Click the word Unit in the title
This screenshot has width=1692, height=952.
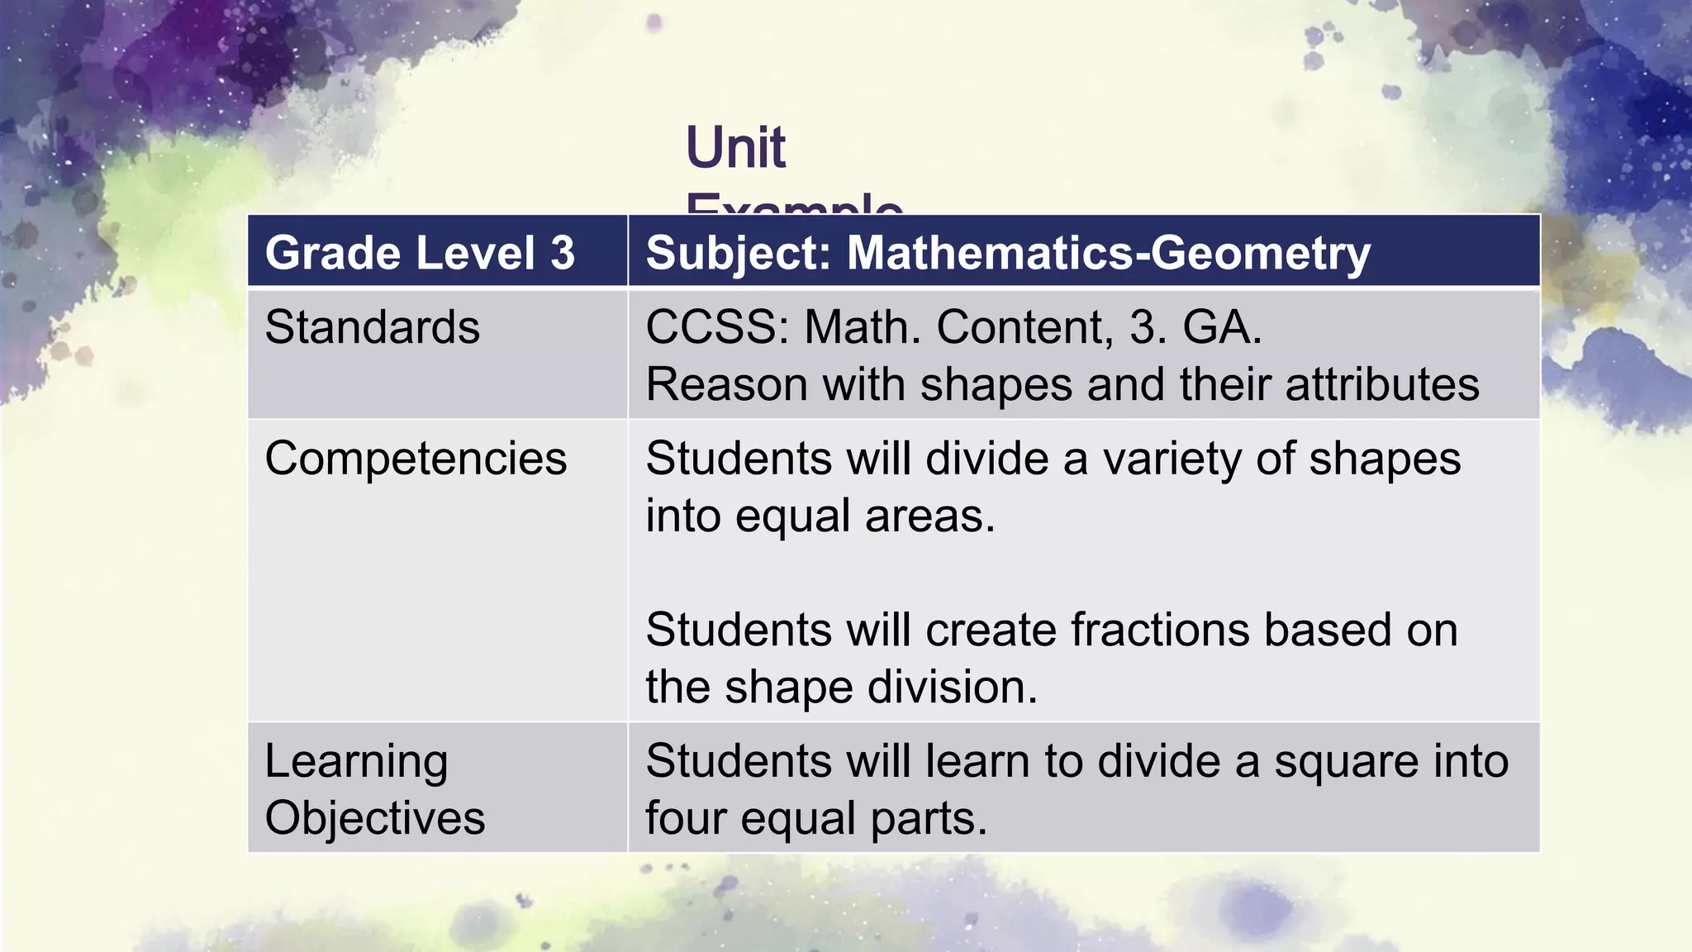pyautogui.click(x=735, y=148)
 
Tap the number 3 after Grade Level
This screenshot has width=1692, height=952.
pyautogui.click(x=562, y=253)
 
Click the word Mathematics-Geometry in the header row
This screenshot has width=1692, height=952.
pyautogui.click(x=1109, y=253)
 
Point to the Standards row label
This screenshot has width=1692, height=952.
pyautogui.click(x=372, y=327)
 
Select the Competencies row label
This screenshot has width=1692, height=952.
pyautogui.click(x=416, y=458)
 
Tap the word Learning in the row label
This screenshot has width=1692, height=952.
pyautogui.click(x=356, y=761)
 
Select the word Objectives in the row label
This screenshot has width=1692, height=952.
pyautogui.click(x=374, y=818)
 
